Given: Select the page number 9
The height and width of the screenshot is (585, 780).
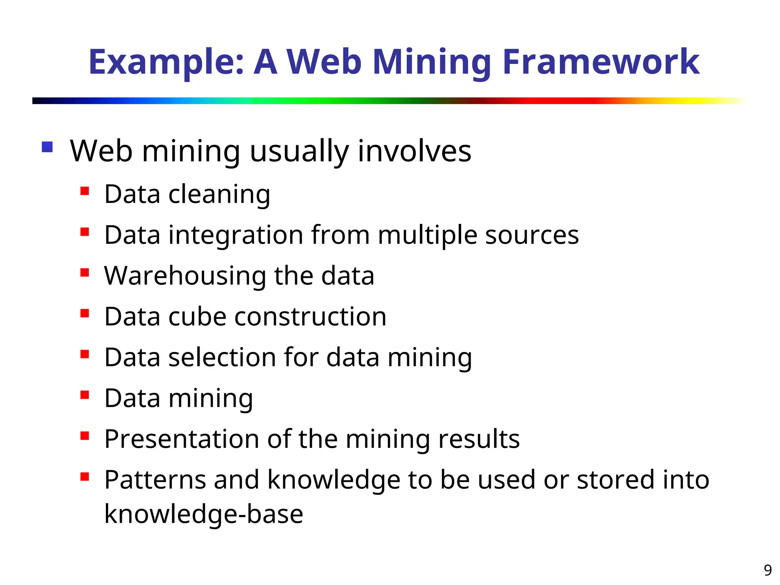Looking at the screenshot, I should click(x=767, y=570).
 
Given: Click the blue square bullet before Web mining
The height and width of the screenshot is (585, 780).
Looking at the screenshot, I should click(x=47, y=147).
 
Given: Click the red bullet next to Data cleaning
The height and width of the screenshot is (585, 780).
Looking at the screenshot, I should click(x=85, y=190).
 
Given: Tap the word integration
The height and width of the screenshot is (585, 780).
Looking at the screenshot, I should click(x=236, y=235).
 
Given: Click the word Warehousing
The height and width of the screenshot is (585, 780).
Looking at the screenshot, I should click(x=185, y=276).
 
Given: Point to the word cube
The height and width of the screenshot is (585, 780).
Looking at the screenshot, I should click(x=197, y=317).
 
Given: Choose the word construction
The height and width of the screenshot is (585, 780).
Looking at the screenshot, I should click(x=310, y=317).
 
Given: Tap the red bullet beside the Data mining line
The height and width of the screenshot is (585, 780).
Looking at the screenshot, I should click(x=85, y=395).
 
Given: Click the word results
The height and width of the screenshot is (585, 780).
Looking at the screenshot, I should click(x=479, y=439).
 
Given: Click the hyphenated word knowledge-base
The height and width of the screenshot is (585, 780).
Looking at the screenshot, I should click(x=204, y=515).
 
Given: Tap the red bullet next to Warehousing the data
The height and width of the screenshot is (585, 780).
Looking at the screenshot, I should click(x=85, y=272).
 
